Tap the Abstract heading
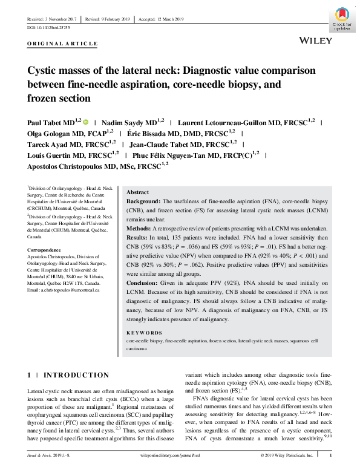tap(139, 191)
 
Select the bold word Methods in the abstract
tap(140, 228)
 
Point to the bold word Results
tap(139, 238)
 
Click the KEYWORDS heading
tap(144, 333)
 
